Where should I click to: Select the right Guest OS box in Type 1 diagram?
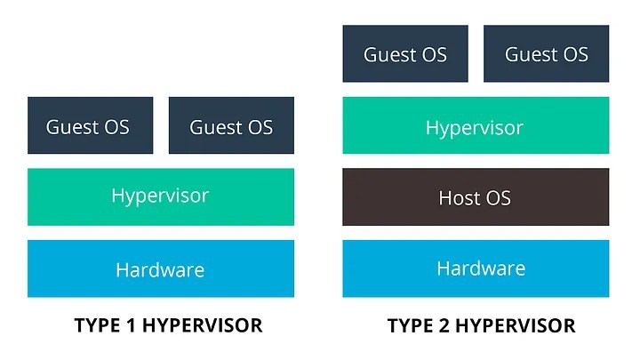[231, 125]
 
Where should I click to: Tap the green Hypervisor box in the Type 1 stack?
[160, 196]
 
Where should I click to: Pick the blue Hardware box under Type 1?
[160, 268]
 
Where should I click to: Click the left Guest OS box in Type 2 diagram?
[405, 53]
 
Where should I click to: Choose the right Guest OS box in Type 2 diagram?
[546, 53]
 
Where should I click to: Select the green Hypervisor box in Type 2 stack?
[476, 125]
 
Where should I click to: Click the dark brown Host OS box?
[476, 196]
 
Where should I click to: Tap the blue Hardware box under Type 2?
[476, 268]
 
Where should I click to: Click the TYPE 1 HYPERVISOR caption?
[168, 325]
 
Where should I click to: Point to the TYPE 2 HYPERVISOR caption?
[482, 325]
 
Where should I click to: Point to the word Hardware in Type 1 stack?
[160, 269]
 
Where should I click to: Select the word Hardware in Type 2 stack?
[481, 268]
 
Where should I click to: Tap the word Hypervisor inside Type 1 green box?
[160, 195]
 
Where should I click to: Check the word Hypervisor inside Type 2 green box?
[474, 127]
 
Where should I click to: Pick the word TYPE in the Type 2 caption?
[409, 325]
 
